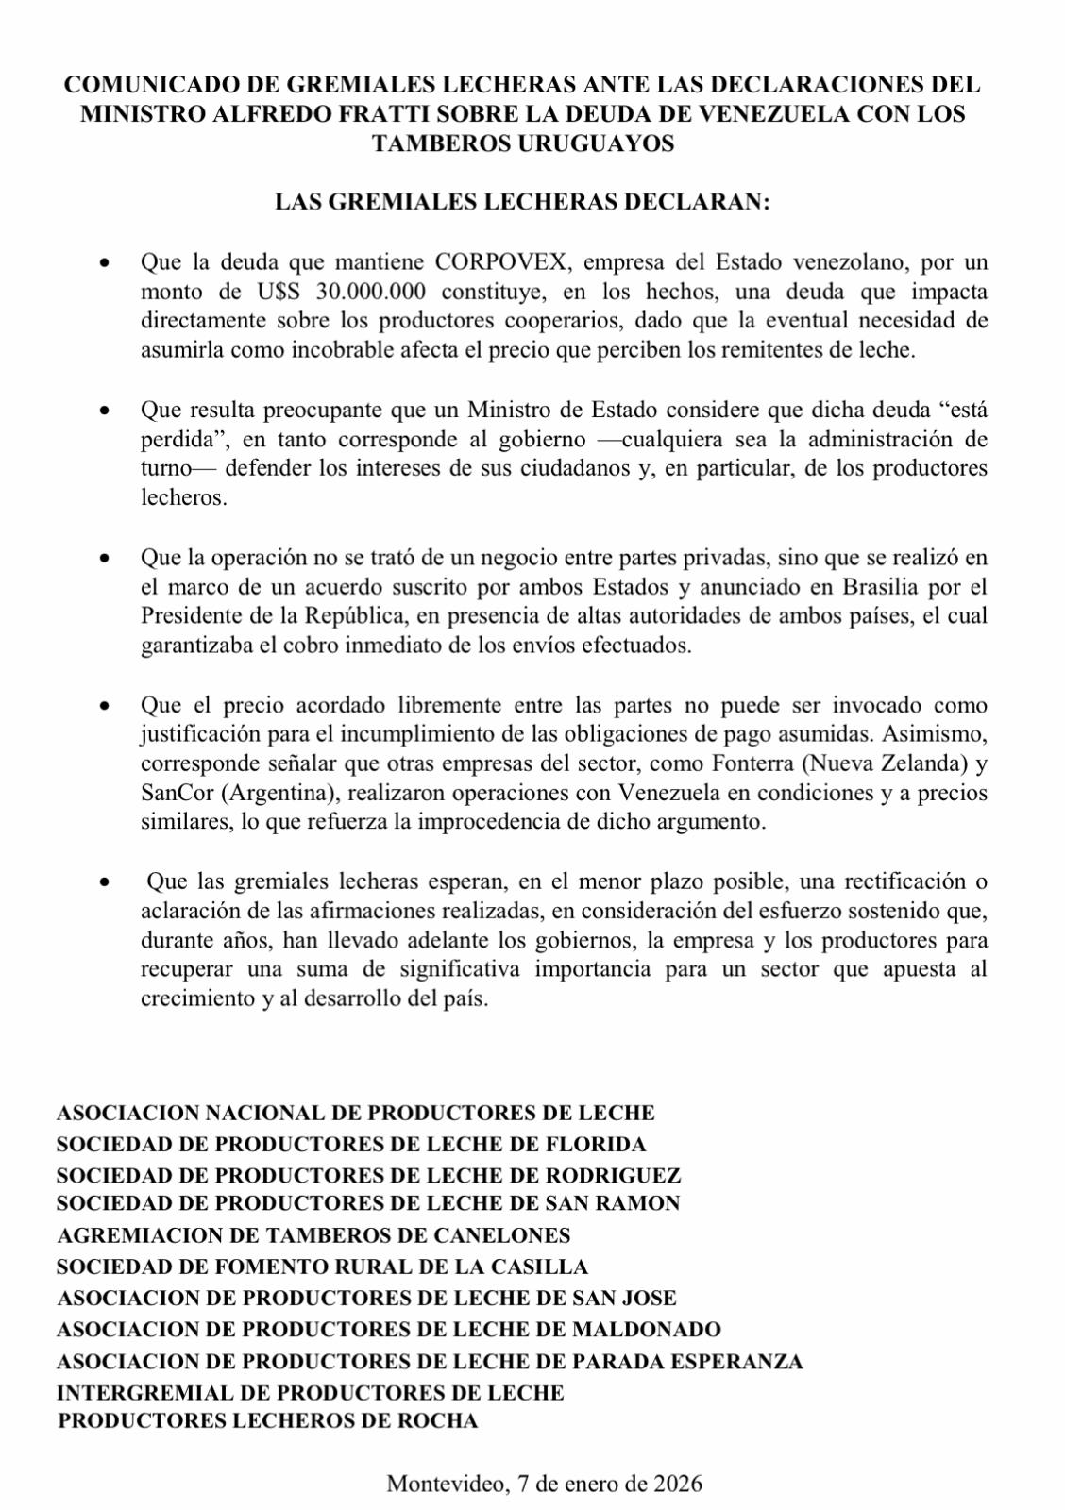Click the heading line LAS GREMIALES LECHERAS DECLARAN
click(521, 202)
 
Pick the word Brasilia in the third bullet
click(880, 586)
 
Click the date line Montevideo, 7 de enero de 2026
click(544, 1484)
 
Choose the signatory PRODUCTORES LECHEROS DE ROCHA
click(268, 1420)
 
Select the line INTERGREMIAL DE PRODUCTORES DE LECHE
click(311, 1392)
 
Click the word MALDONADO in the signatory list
click(647, 1329)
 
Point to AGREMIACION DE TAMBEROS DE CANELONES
click(313, 1235)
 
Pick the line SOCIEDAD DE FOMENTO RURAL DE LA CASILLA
click(322, 1267)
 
